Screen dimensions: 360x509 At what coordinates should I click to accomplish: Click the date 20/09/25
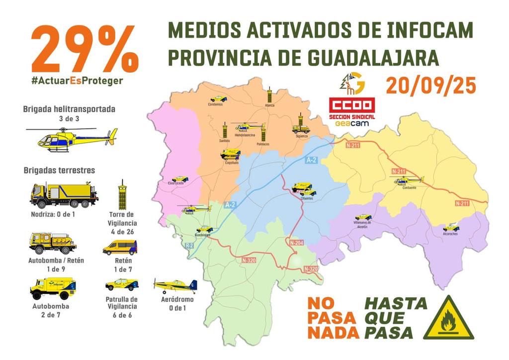430,86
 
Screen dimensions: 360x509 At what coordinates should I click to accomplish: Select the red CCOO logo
352,106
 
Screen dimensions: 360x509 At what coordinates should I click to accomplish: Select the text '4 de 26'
122,231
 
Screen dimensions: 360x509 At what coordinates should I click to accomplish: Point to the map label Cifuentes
307,198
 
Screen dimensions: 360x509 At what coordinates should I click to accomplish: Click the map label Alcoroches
450,234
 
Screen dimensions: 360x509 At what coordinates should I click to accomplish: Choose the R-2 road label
189,245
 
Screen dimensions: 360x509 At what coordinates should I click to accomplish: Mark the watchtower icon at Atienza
269,94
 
